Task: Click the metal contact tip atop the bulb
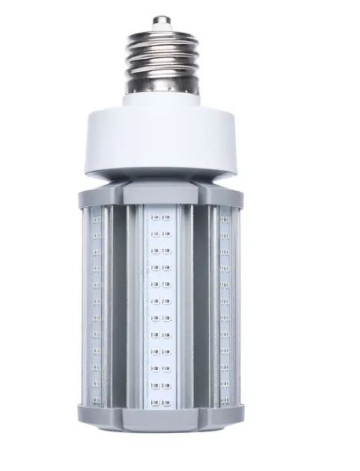[x=161, y=21]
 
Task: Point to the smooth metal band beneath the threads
[x=161, y=85]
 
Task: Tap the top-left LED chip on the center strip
[x=155, y=218]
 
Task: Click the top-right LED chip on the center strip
[x=166, y=218]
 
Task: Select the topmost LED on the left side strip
[x=96, y=219]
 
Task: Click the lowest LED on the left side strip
[x=96, y=400]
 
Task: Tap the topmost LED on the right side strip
[x=225, y=219]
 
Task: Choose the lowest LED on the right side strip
[x=225, y=400]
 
